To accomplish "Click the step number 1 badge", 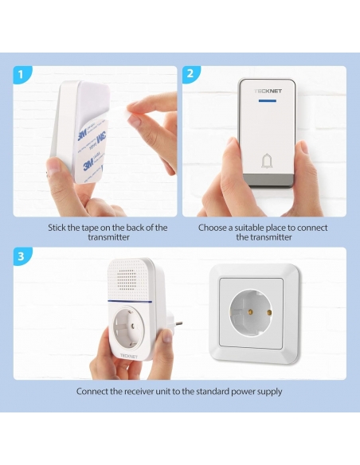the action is click(x=22, y=74).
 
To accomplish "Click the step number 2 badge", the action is click(x=190, y=74).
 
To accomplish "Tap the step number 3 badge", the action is click(x=22, y=256).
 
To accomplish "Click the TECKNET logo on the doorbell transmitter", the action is click(x=268, y=91).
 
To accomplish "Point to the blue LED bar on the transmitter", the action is click(x=267, y=101).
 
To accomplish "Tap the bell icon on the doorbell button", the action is click(x=267, y=161).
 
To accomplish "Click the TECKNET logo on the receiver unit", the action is click(x=129, y=356).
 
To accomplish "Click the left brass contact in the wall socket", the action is click(x=251, y=311).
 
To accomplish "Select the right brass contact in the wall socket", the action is click(x=269, y=313).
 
